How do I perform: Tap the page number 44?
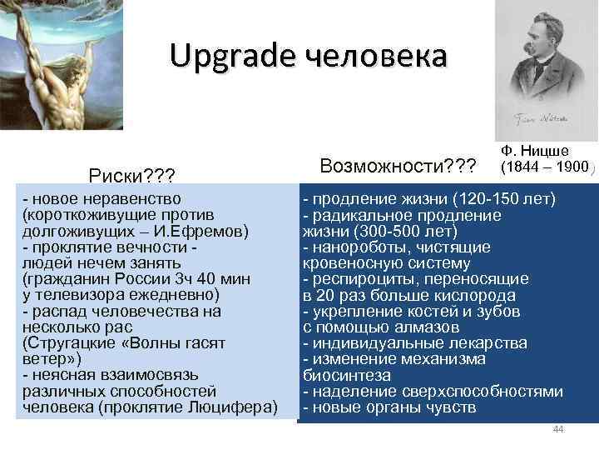558,429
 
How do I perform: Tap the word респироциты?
358,279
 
